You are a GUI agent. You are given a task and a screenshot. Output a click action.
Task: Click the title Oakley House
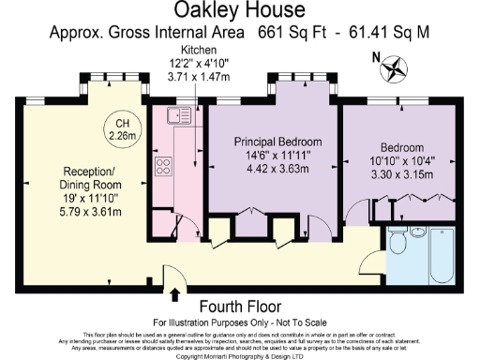[x=239, y=12]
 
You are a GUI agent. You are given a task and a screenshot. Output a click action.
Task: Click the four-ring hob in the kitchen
[x=162, y=168]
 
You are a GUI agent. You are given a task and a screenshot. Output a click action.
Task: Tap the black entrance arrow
[x=174, y=293]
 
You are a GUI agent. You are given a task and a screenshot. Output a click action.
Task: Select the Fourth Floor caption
[x=239, y=307]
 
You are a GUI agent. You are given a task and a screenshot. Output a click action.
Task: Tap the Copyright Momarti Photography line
[x=239, y=355]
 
